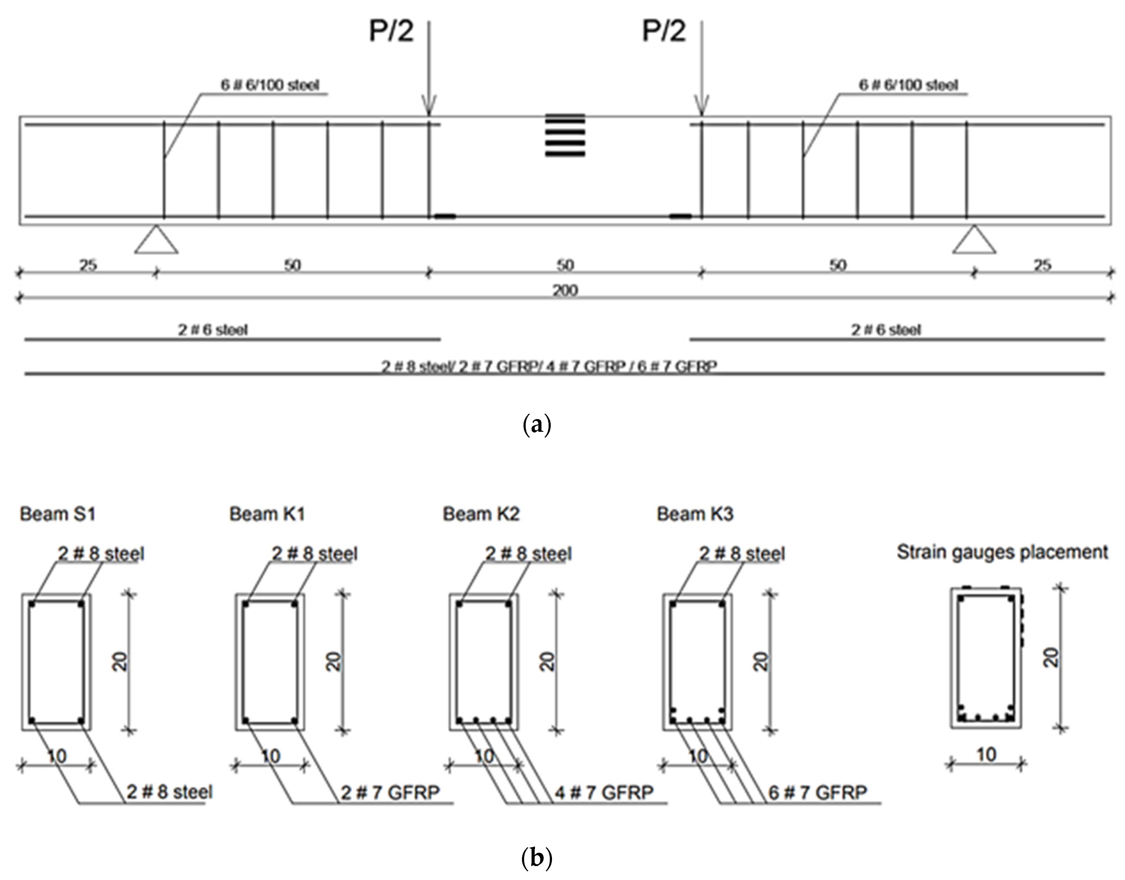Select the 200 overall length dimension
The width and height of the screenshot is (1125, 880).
click(565, 291)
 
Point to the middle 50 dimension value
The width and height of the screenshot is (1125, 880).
click(565, 265)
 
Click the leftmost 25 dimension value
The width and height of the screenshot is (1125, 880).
click(88, 265)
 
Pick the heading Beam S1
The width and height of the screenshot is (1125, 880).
click(58, 514)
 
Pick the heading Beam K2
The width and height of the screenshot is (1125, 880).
click(481, 514)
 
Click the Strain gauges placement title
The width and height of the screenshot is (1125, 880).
click(1002, 552)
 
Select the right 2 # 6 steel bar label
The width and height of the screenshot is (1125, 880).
click(886, 330)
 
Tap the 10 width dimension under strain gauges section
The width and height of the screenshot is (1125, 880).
click(986, 755)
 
